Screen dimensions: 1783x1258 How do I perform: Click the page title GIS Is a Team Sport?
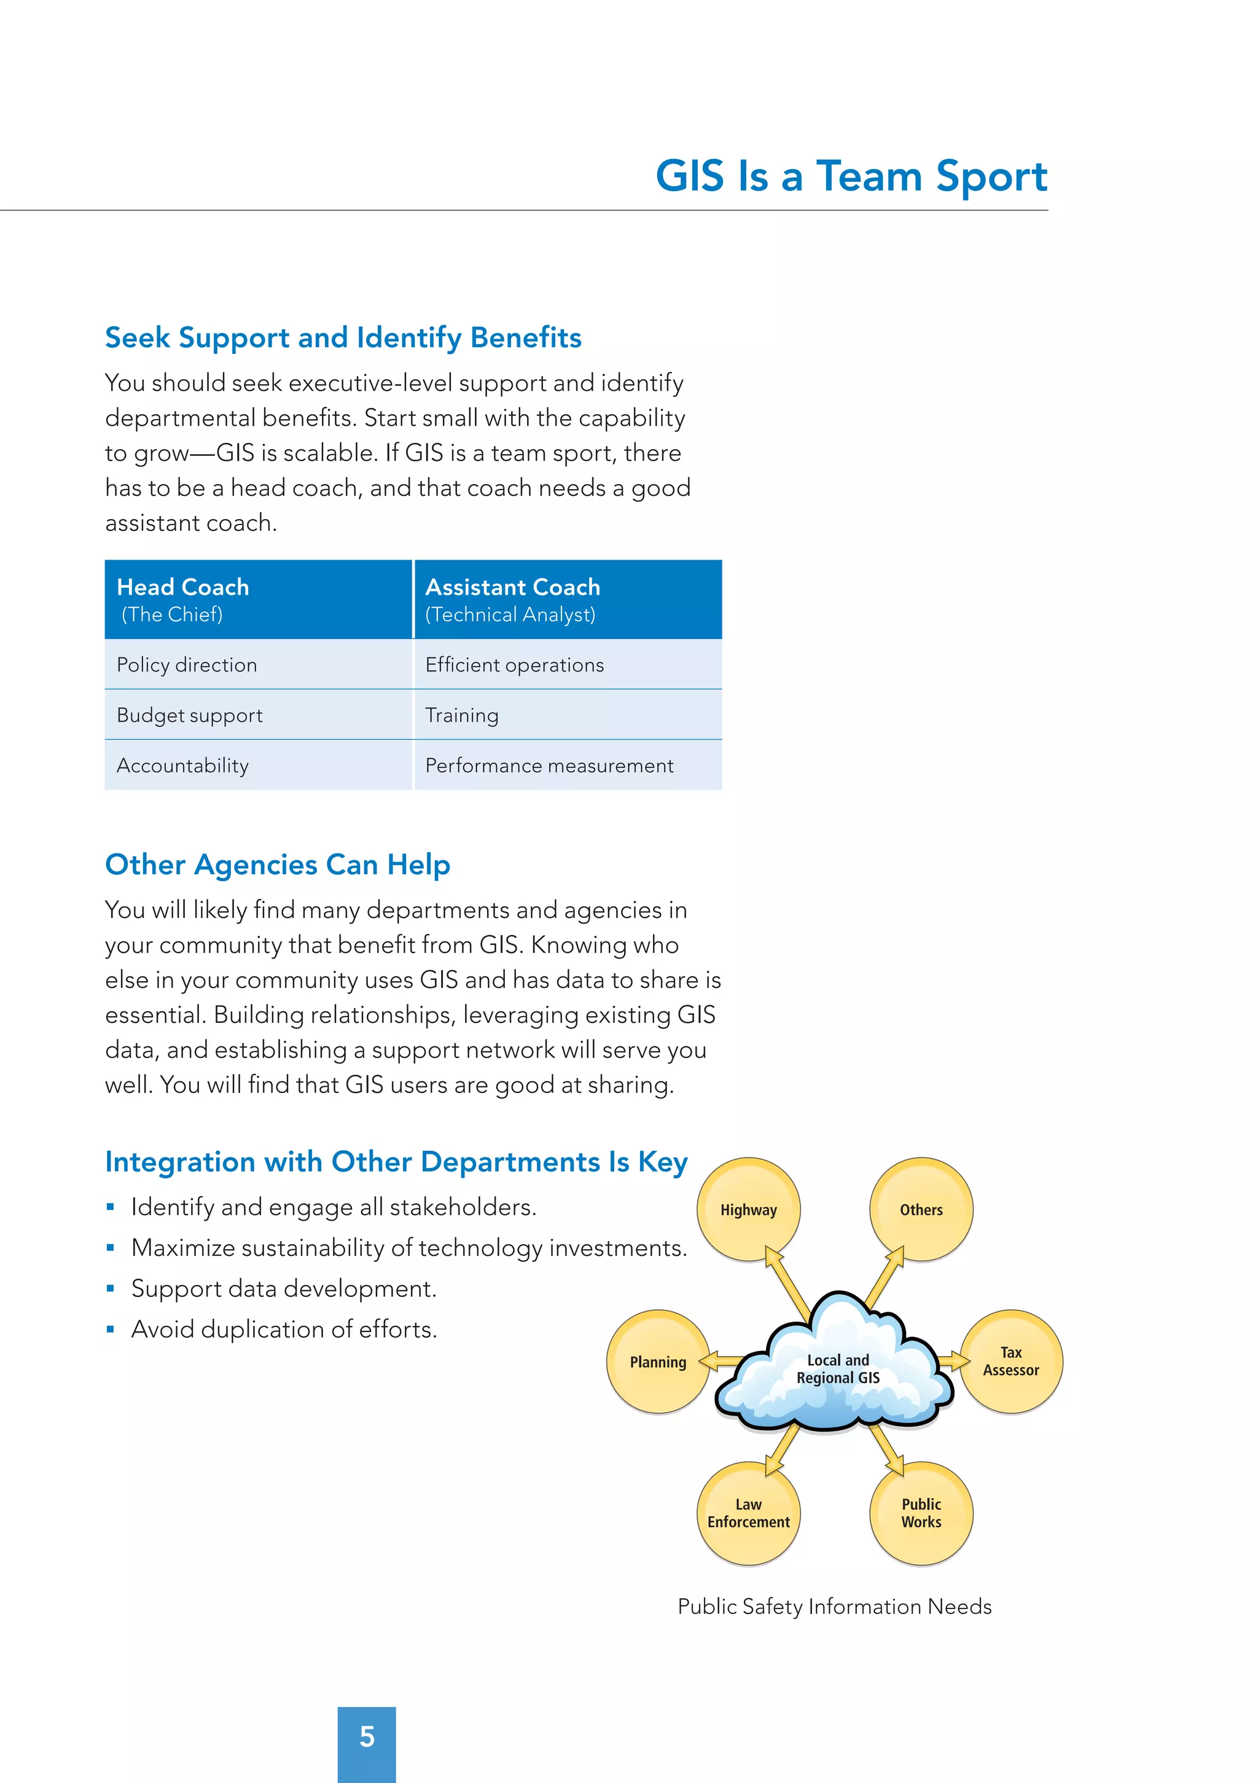click(x=851, y=176)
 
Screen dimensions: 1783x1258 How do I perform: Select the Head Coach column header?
click(x=258, y=600)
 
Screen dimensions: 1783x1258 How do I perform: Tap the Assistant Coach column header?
click(x=568, y=600)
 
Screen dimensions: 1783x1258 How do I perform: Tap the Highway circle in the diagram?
click(x=748, y=1209)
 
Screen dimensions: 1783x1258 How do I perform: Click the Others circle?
click(x=921, y=1209)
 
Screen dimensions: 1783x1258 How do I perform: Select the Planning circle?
click(x=658, y=1362)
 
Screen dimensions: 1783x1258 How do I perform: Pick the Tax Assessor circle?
click(x=1010, y=1362)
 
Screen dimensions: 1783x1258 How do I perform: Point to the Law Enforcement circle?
click(x=748, y=1513)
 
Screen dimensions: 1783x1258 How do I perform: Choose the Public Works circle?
click(x=921, y=1513)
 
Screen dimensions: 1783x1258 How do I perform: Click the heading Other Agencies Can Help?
click(x=277, y=864)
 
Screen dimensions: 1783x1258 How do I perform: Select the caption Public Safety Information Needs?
click(x=834, y=1606)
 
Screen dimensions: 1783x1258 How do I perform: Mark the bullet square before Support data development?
click(x=111, y=1288)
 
